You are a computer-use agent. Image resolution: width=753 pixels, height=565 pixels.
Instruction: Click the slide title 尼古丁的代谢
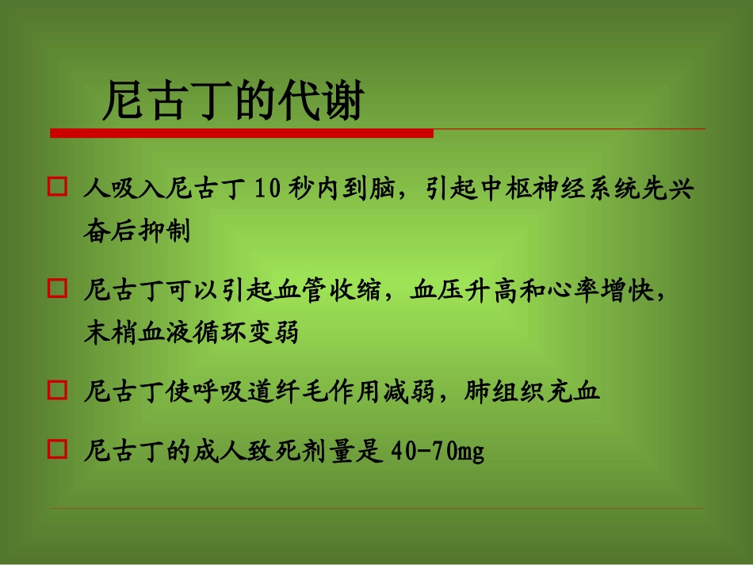[232, 102]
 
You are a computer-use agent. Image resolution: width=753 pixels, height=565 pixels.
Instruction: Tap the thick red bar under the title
[242, 133]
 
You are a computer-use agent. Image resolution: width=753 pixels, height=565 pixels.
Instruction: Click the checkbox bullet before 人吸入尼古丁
[56, 187]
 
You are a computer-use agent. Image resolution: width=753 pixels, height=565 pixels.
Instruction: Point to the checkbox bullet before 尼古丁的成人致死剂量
[56, 450]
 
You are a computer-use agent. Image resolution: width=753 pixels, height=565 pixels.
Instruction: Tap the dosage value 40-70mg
[438, 452]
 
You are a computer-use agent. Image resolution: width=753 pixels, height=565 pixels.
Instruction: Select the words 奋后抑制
[137, 232]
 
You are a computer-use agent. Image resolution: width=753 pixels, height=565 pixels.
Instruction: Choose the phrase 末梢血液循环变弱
[191, 332]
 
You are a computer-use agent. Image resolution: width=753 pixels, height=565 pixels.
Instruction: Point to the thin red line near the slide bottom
[376, 508]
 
